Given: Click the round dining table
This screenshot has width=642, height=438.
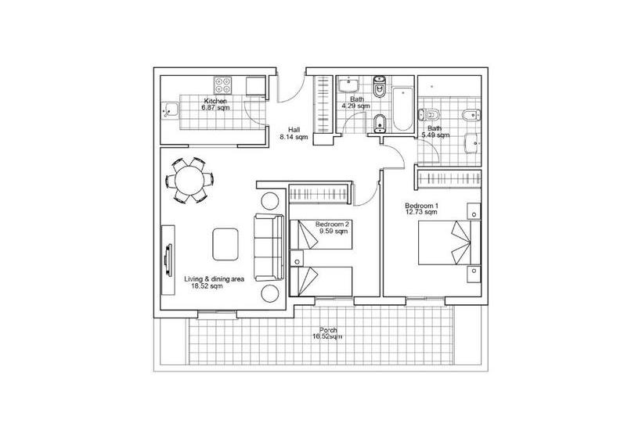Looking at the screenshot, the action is (189, 180).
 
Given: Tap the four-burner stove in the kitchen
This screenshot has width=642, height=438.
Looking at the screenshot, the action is (223, 85).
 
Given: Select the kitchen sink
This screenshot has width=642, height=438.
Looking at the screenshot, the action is (170, 110).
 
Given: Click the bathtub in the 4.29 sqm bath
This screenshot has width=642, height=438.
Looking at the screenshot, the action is (403, 109).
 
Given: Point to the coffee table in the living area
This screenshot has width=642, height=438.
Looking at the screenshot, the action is (225, 244).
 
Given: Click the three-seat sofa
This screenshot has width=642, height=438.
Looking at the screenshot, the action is (269, 247).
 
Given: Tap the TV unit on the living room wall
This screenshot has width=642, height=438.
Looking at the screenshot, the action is (168, 260).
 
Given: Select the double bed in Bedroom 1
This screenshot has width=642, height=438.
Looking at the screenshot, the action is (449, 242).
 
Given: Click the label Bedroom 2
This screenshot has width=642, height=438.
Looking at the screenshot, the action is (332, 224).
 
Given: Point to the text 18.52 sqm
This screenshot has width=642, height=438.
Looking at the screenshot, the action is (207, 286).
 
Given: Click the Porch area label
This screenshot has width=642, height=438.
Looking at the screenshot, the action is (328, 330).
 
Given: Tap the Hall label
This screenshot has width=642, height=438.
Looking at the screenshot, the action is (294, 130).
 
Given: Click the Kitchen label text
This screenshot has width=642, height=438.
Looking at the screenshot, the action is (215, 101).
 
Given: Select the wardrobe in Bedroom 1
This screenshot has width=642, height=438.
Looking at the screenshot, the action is (449, 179).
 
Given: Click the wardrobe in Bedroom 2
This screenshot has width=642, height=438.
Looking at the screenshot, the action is (319, 193).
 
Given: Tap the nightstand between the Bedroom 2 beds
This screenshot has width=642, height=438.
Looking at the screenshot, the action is (297, 258).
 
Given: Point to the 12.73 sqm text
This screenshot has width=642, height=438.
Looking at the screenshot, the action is (421, 212).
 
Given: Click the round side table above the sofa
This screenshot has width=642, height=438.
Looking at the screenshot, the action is (270, 201).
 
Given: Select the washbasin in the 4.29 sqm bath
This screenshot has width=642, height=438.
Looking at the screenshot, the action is (348, 85).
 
